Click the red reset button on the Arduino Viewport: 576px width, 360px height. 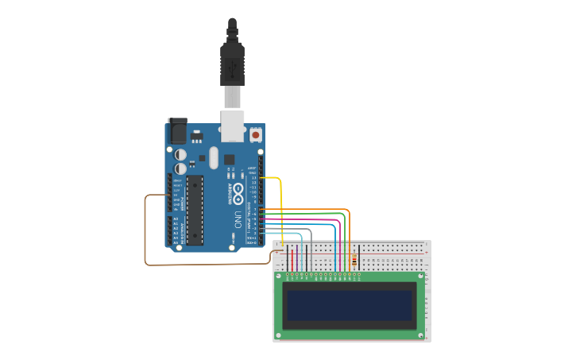[255, 135]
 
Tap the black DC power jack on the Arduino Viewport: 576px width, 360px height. [177, 131]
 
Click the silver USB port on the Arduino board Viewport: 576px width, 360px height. [232, 126]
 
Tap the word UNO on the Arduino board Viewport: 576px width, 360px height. [238, 219]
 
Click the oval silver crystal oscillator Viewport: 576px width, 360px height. [213, 157]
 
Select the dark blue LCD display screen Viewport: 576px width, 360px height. [350, 305]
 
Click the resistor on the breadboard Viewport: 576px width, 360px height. [353, 260]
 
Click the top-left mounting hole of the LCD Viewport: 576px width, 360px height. [278, 276]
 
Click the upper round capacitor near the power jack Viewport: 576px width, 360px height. [180, 154]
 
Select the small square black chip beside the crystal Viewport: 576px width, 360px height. [229, 158]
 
